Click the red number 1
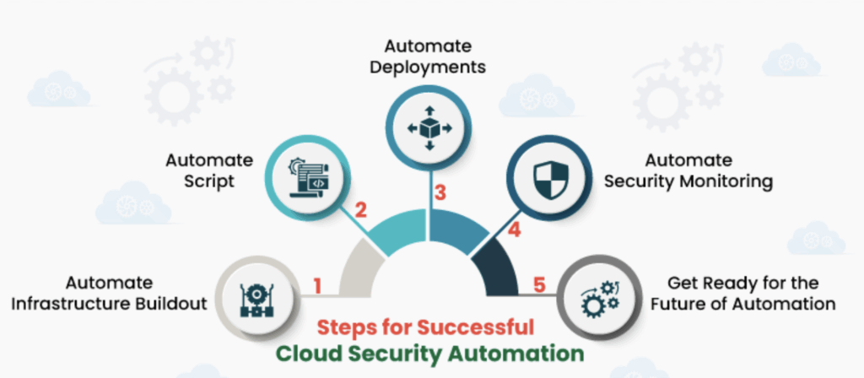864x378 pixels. point(318,285)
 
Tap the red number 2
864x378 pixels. point(360,211)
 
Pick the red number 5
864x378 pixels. point(537,285)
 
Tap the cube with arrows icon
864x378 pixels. point(429,127)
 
